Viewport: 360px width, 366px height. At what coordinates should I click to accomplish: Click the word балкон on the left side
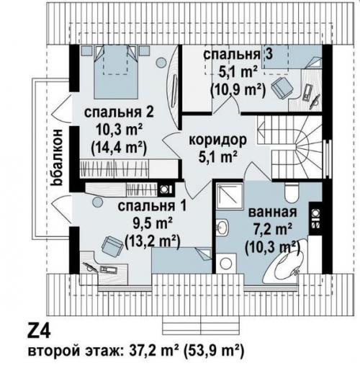[58, 158]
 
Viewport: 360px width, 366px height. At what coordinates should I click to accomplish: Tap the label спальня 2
[119, 112]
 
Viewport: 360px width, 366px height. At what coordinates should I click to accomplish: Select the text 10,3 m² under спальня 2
[118, 130]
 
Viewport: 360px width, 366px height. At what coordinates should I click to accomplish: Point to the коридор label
[217, 140]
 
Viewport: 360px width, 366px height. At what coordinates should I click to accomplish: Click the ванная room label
[272, 212]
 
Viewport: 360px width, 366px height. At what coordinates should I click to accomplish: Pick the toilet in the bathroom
[291, 192]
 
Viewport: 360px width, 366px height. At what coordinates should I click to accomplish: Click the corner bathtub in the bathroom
[286, 259]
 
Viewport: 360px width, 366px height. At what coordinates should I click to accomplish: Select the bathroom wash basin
[222, 227]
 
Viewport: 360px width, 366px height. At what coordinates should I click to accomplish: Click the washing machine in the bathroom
[225, 263]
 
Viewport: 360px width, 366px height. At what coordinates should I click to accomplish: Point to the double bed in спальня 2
[117, 72]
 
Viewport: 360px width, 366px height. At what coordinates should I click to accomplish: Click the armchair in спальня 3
[282, 87]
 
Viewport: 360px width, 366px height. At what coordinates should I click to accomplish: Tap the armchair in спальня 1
[112, 246]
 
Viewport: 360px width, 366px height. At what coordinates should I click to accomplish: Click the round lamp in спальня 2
[161, 63]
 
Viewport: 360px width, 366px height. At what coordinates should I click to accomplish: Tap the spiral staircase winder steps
[309, 146]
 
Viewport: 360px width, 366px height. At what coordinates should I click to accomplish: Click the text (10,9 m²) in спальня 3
[238, 90]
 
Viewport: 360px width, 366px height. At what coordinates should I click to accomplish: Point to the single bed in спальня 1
[181, 260]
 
